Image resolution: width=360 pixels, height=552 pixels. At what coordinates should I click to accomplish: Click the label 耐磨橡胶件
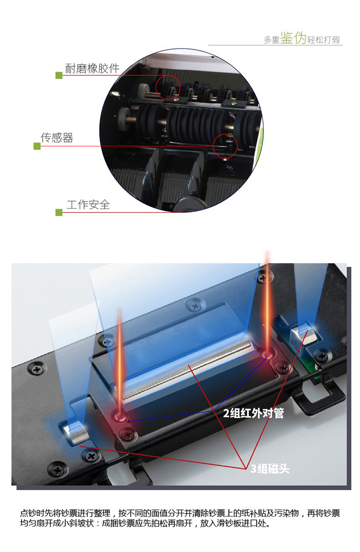point(92,68)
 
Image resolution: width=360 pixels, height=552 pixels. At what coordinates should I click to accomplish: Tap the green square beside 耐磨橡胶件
point(59,75)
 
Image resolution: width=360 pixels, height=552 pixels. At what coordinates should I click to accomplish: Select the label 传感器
point(57,137)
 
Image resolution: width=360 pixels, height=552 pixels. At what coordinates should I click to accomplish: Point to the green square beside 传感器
point(37,146)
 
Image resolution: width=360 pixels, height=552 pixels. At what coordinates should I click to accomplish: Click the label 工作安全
point(88,204)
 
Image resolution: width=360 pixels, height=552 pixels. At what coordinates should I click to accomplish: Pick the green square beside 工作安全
point(59,212)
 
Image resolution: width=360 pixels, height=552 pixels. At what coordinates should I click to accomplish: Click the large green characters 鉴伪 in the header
point(293,38)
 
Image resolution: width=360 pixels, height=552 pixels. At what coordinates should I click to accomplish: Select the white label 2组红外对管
point(253,413)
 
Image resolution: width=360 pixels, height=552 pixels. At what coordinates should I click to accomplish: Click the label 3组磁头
point(270,469)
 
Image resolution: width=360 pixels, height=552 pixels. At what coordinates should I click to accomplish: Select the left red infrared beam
point(120,363)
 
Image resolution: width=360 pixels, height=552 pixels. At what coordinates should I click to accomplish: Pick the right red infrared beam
point(267,303)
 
